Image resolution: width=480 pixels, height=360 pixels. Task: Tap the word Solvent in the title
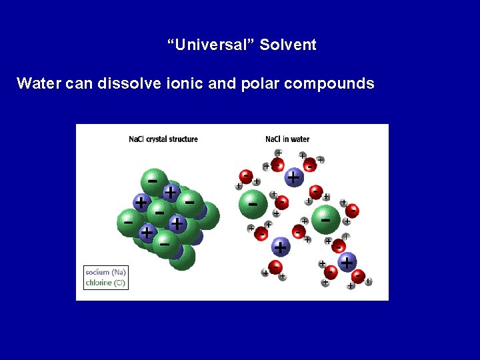(x=288, y=45)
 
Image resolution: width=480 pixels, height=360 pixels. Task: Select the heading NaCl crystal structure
(x=163, y=139)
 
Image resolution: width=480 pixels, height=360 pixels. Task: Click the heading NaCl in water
(x=287, y=139)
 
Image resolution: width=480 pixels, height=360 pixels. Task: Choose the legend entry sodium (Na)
(x=105, y=272)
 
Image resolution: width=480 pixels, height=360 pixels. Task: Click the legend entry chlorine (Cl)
(x=105, y=282)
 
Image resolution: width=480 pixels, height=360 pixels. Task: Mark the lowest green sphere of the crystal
(x=181, y=256)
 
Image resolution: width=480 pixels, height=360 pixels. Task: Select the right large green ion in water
(x=325, y=219)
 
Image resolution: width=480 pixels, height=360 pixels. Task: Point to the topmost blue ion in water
(x=293, y=177)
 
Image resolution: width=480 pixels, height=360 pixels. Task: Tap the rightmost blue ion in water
(x=347, y=262)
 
